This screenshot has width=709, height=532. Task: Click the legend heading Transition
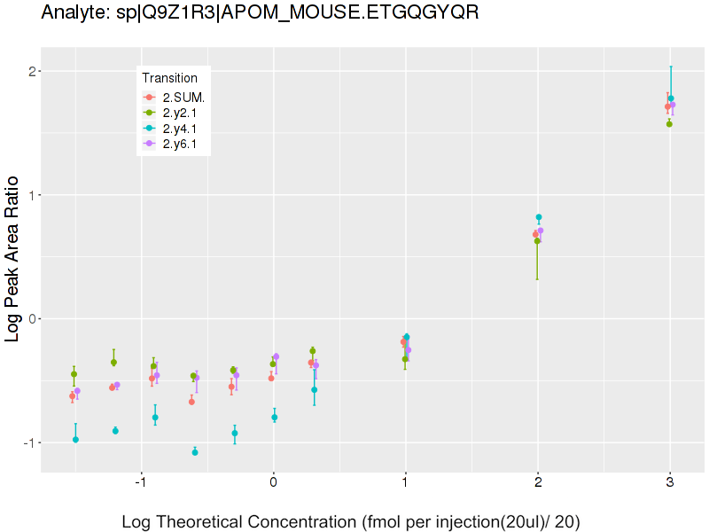click(x=169, y=78)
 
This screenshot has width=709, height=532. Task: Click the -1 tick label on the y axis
click(x=28, y=442)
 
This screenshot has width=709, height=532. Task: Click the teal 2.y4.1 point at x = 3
click(x=671, y=98)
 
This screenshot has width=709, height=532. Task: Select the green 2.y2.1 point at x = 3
click(x=669, y=124)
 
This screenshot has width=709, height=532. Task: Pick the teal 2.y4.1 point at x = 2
click(x=539, y=217)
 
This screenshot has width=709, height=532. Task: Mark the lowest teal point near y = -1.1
click(x=195, y=452)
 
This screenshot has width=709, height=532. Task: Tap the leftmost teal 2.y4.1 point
click(x=75, y=440)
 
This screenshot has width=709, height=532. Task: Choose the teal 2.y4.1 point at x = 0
click(x=275, y=417)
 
